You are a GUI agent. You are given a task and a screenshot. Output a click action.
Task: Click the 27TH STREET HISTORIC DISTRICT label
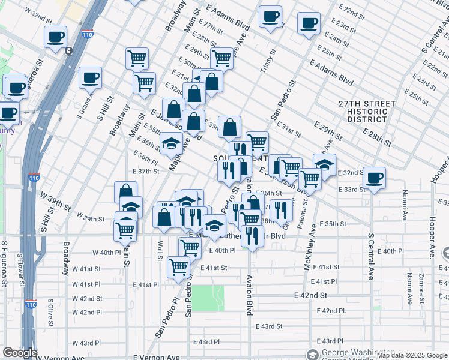pyautogui.click(x=367, y=112)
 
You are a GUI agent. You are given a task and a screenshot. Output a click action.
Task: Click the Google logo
pyautogui.click(x=19, y=353)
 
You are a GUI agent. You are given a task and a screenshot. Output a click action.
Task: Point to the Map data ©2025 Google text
pyautogui.click(x=412, y=356)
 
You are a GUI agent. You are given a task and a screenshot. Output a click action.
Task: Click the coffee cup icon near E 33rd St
pyautogui.click(x=375, y=178)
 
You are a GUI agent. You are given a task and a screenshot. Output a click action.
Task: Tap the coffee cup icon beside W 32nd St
pyautogui.click(x=55, y=37)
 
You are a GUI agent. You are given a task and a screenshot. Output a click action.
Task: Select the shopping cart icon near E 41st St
pyautogui.click(x=178, y=267)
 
